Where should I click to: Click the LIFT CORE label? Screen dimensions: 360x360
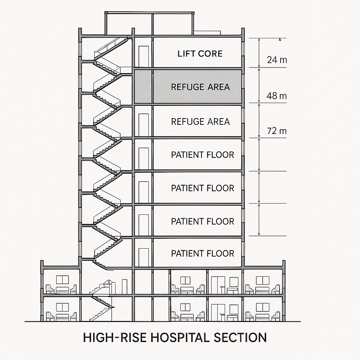click(200, 54)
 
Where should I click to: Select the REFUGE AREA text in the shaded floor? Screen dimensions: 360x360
click(200, 87)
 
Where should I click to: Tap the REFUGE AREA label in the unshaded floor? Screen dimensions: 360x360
click(200, 122)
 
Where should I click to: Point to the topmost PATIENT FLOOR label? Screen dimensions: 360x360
click(202, 155)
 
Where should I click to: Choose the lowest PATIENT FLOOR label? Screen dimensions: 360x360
click(202, 253)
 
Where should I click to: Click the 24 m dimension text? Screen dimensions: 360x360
click(277, 60)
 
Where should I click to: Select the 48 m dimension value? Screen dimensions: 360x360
click(277, 96)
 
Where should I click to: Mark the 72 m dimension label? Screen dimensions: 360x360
click(277, 131)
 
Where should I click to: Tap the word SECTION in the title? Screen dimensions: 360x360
click(240, 337)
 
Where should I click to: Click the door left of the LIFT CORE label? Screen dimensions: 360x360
click(143, 56)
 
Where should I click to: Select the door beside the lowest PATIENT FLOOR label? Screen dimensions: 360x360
click(143, 257)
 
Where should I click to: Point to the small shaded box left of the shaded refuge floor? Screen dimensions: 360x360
click(143, 86)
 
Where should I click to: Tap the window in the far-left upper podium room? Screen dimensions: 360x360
click(62, 280)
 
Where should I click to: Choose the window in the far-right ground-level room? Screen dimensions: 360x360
click(262, 307)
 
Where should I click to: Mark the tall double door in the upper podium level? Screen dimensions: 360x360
click(218, 285)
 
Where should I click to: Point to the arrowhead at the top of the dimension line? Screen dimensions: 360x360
click(280, 39)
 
